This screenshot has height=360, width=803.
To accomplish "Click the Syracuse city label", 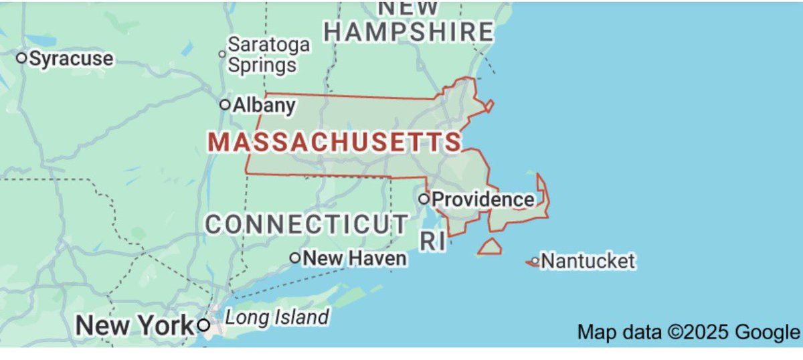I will pos(71,59).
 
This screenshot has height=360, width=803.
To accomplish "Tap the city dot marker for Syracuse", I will pos(21,58).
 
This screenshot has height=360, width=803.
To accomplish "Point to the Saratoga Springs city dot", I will pos(222,54).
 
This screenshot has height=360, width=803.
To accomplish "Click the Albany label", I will pos(264,105).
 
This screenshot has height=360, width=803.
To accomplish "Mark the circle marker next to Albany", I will pos(225,104).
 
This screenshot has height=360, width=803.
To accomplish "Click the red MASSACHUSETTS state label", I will pos(335,142).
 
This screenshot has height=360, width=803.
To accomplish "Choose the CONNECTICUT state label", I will pos(306,224).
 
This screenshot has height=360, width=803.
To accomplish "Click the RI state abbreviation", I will pos(433,242).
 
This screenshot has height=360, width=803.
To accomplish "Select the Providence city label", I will pos(482,199).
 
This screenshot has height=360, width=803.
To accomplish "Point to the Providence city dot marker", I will pos(424,199).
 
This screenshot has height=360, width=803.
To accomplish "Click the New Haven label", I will pos(355,258).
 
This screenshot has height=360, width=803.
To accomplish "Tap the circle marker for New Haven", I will pos(294,258).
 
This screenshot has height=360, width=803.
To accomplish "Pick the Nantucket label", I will pos(588,261).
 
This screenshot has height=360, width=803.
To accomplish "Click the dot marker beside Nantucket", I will pos(535,261).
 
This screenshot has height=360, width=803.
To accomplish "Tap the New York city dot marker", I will pos(203,326).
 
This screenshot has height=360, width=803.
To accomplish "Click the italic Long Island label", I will pos(276,317).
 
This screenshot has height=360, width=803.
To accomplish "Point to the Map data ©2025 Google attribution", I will pos(688,332).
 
